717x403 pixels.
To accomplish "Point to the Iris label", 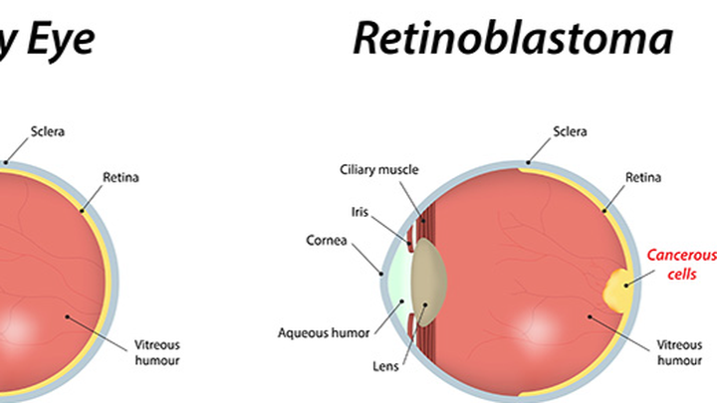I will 359,211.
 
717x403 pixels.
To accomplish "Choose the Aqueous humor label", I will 324,332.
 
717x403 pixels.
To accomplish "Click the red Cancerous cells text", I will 681,265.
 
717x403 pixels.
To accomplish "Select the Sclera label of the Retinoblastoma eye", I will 571,131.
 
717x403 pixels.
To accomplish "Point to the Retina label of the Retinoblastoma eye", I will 641,178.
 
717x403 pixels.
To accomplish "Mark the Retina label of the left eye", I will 120,178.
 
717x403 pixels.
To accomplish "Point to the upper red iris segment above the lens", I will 411,237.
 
